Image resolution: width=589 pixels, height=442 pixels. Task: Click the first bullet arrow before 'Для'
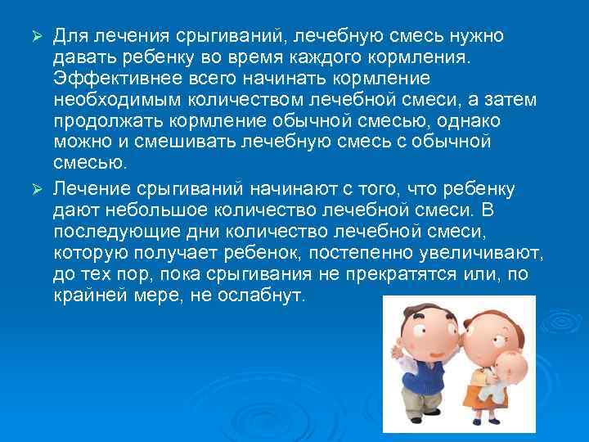[37, 37]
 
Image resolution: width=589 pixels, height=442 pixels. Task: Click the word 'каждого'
[321, 56]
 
